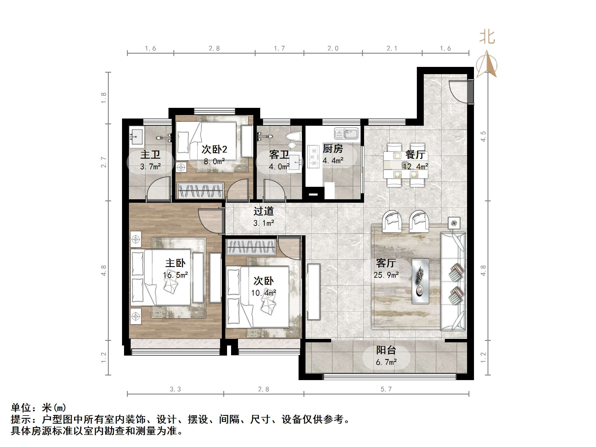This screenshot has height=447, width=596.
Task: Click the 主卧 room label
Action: point(175,263)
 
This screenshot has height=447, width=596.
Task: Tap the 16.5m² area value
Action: point(175,275)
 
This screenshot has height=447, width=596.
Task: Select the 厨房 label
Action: point(333,149)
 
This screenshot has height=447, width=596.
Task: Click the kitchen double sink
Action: point(346,134)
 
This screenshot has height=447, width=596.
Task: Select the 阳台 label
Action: point(386,350)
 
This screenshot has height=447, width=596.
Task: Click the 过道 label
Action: point(263,211)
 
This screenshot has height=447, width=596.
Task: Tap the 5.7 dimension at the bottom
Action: point(386,389)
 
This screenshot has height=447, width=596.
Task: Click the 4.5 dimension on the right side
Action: point(483,136)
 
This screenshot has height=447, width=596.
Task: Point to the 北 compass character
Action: point(487,37)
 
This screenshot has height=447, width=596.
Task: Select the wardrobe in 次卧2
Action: point(200,190)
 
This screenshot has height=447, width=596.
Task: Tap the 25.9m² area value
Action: point(386,275)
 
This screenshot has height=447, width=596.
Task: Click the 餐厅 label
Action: point(415,155)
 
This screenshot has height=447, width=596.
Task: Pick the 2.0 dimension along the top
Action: point(333,48)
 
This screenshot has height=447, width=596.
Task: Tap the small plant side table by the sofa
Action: point(454,223)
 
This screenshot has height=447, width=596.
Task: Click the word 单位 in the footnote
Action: point(21,408)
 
